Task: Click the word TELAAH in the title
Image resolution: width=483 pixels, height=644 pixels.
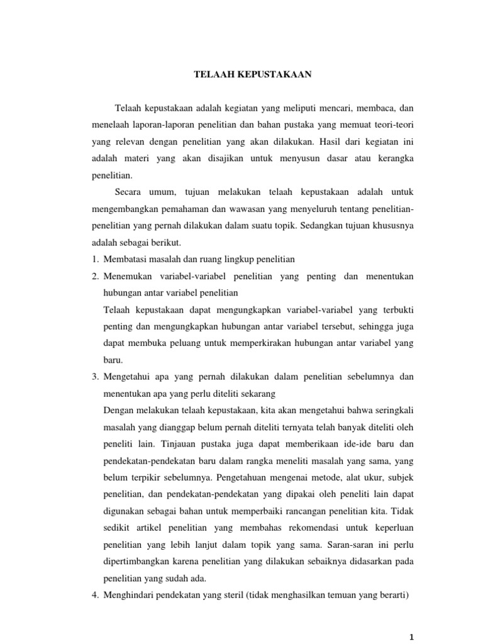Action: tap(212, 74)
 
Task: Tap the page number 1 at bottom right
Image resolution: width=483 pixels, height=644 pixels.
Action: tap(413, 637)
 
